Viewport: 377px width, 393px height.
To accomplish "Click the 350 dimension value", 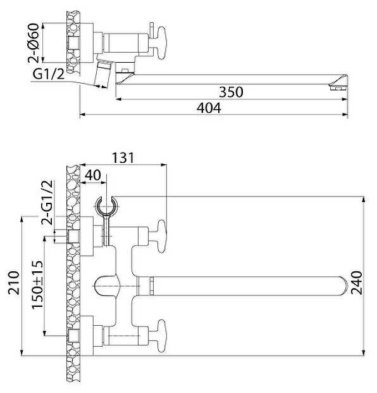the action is (x=231, y=92).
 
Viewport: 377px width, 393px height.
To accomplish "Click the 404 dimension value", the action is (x=209, y=108).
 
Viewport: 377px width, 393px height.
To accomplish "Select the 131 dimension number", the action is (x=123, y=158).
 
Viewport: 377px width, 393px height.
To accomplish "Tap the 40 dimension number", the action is (x=93, y=175).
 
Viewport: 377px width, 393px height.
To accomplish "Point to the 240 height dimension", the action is (x=357, y=283).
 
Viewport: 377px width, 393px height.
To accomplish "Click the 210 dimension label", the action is (x=14, y=283).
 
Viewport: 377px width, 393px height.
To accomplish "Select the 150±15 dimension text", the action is (x=37, y=285).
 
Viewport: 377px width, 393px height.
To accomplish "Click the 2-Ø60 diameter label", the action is (x=34, y=42).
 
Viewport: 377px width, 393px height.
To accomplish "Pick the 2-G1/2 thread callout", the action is (x=47, y=202).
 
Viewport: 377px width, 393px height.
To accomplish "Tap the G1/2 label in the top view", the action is (x=49, y=74).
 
